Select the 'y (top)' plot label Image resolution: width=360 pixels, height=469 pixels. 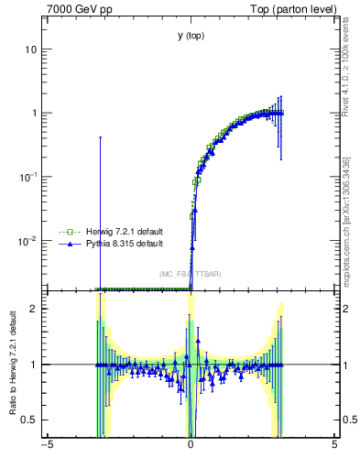point(191,36)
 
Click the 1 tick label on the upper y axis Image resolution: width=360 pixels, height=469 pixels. point(36,113)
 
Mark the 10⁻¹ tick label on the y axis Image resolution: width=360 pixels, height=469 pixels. point(29,176)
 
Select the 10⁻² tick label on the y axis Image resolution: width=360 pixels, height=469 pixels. point(29,240)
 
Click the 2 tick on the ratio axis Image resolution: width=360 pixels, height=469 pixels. point(36,309)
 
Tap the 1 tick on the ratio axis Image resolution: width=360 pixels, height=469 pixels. point(36,365)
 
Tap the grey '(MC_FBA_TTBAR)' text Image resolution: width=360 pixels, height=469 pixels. point(190,274)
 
